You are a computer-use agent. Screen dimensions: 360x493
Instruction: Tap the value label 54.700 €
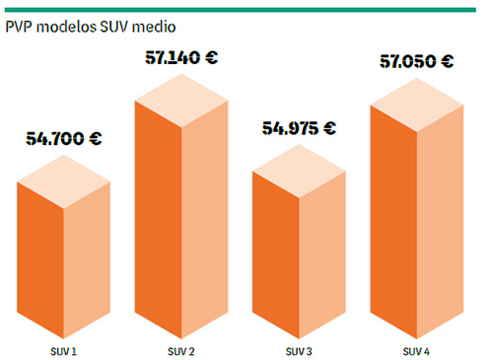click(x=62, y=138)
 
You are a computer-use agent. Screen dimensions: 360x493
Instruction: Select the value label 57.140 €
click(x=180, y=57)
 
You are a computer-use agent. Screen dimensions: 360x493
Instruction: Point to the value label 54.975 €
click(x=299, y=128)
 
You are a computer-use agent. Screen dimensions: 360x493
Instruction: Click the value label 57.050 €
click(x=416, y=61)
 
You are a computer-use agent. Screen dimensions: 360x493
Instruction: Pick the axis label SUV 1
click(x=64, y=350)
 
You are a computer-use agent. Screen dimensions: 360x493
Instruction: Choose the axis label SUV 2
click(x=180, y=350)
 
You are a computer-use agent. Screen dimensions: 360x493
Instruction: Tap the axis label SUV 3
click(x=299, y=350)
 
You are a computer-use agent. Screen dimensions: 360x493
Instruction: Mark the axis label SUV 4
click(x=416, y=350)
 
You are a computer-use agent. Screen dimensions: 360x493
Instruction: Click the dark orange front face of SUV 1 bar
click(x=41, y=266)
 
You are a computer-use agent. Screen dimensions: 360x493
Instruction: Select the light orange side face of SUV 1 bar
click(x=86, y=266)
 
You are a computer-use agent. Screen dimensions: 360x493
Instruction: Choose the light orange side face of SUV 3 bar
click(x=321, y=261)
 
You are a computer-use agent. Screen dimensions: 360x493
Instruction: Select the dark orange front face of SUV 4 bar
click(x=393, y=227)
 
